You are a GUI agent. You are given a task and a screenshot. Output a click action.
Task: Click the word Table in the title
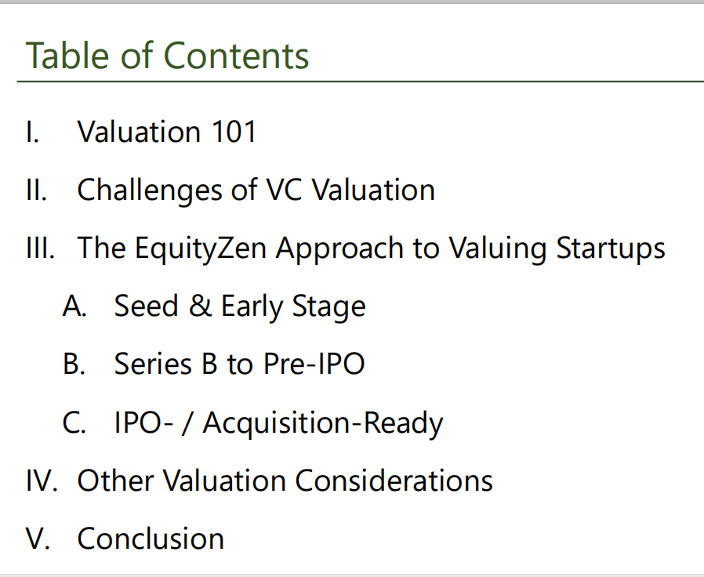pos(67,55)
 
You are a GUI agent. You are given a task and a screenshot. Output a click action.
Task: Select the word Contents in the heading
pos(236,55)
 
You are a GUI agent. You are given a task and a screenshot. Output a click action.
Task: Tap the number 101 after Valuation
pos(234,132)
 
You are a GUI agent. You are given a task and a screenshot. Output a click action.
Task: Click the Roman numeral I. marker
pos(32,132)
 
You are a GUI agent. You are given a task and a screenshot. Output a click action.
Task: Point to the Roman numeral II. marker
pos(37,190)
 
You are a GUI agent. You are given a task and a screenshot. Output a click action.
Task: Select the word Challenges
pos(150,191)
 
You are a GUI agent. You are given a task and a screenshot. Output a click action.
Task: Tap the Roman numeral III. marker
pos(41,248)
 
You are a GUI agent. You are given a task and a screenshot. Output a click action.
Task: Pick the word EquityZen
pos(201,249)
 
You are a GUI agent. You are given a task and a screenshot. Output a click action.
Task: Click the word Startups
pos(611,249)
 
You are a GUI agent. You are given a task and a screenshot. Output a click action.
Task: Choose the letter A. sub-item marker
pos(74,306)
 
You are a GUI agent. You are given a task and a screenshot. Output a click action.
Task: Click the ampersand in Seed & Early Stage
pos(200,306)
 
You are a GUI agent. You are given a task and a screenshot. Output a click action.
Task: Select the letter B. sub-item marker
pos(74,363)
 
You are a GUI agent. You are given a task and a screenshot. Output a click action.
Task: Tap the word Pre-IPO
pos(314,363)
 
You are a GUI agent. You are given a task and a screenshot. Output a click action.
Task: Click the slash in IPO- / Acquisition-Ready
pos(187,423)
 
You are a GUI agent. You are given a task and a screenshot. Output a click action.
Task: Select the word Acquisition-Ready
pos(323,423)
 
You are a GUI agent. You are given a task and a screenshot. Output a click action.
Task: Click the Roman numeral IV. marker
pos(42,480)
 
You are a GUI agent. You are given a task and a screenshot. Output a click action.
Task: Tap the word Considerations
pos(394,480)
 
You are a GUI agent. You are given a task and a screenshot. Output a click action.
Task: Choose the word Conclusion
pos(151,538)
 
